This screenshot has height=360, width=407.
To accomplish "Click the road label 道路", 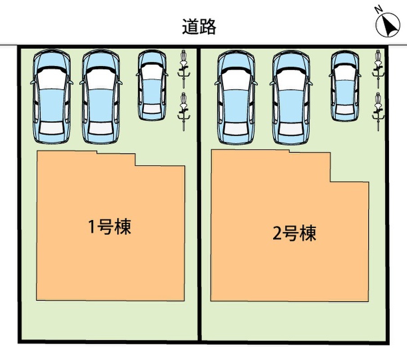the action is (199, 27).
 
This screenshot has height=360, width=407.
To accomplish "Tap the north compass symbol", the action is (388, 25).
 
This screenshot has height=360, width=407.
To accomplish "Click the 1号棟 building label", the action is (110, 227).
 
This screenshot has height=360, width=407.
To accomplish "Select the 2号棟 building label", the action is (295, 233).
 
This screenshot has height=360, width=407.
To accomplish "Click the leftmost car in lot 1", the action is (52, 96).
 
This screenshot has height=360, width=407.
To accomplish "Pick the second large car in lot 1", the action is (101, 96).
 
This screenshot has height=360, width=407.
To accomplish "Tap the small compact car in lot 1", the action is (152, 85).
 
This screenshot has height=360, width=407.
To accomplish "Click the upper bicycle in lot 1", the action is (184, 69).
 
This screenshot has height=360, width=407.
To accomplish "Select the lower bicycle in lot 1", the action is (184, 112).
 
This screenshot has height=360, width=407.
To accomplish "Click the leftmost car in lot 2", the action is (236, 97).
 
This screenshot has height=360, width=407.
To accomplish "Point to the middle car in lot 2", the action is (291, 97).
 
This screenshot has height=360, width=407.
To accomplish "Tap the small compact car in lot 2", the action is (345, 86).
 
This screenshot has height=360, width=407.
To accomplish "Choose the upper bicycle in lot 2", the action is (378, 69).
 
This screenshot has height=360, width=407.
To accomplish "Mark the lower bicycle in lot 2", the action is (378, 112).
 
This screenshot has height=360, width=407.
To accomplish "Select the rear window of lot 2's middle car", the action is (291, 129).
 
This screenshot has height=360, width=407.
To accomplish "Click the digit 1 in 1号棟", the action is (92, 227).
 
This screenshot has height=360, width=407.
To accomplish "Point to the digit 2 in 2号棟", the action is (277, 233).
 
